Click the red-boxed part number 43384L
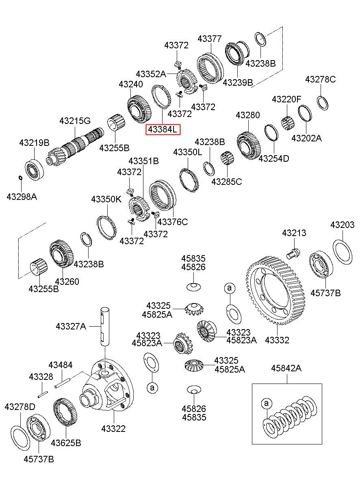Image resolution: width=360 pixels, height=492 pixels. tap(163, 130)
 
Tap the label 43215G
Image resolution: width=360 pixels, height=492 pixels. tap(75, 121)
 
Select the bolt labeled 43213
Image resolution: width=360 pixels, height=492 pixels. tap(293, 253)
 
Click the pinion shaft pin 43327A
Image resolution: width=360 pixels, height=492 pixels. tap(105, 327)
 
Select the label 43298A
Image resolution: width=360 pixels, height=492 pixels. tap(22, 197)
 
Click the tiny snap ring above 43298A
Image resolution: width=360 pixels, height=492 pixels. tap(21, 177)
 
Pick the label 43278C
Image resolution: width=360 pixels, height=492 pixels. tap(321, 79)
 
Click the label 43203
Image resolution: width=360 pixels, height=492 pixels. tap(343, 225)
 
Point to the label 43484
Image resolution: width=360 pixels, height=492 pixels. tap(61, 365)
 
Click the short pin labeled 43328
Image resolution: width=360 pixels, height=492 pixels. tap(42, 394)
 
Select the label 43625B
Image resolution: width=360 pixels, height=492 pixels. tap(66, 443)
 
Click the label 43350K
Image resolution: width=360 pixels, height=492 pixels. tap(106, 199)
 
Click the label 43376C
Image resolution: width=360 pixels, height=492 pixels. tap(173, 222)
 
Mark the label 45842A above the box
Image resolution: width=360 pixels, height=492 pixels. tap(286, 368)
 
